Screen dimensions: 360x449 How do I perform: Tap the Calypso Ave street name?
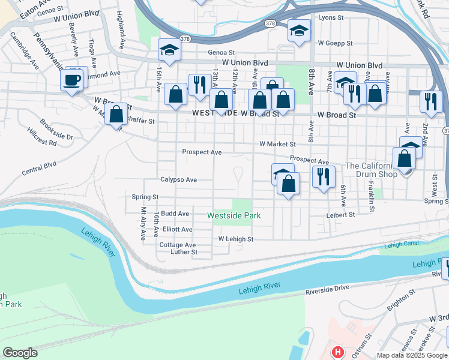pos(178,179)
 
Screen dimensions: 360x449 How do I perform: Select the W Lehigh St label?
pos(236,239)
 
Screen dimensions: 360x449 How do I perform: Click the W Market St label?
pos(277,144)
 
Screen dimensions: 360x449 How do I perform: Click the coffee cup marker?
pos(72,80)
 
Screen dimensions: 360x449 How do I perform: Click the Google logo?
pos(20,353)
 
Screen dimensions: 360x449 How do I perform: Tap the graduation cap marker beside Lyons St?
pos(298,30)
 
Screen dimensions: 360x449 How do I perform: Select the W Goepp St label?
pos(335,43)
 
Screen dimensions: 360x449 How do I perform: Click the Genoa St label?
pos(221,52)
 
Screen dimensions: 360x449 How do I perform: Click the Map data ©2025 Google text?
pos(412,355)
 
